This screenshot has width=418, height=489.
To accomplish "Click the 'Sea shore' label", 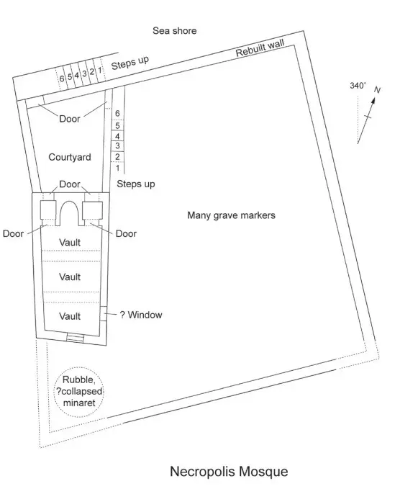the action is [174, 30].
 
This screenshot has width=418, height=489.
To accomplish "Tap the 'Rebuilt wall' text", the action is [260, 48].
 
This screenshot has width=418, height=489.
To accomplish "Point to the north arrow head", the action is [373, 100].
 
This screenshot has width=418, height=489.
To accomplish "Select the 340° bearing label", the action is [358, 86].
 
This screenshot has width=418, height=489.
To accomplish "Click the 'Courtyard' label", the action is [70, 157].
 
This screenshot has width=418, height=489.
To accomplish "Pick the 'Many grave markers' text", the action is [231, 215].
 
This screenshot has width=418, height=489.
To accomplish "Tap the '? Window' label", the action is [141, 315].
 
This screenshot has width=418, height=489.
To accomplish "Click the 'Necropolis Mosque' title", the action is [229, 471].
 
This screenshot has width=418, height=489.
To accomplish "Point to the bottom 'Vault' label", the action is [70, 316].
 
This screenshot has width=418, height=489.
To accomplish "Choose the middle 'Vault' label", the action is [70, 277].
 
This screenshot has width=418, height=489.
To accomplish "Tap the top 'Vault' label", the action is [70, 242].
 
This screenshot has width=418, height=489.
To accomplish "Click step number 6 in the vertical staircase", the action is [117, 113].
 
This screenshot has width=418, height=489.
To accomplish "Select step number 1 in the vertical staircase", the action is [117, 168].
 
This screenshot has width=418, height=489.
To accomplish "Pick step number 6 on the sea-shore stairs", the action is [62, 78].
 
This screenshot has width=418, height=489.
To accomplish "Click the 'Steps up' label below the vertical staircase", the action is [136, 184].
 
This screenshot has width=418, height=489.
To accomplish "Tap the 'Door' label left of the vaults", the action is [13, 233].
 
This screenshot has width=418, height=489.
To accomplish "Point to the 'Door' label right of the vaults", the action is [126, 233].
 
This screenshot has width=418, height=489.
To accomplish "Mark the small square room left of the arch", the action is [48, 210].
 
